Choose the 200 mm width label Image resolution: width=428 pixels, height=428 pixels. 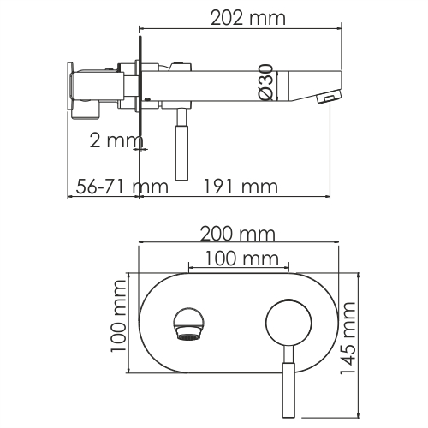pos(235,234)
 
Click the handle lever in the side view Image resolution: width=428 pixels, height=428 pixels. pos(181,150)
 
